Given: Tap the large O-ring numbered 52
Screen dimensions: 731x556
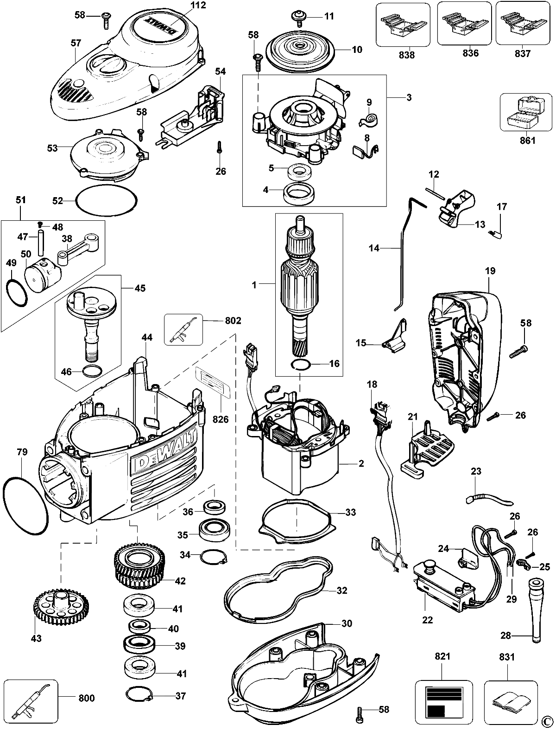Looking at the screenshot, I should [107, 201].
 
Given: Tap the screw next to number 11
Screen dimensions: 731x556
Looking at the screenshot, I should [299, 18].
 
